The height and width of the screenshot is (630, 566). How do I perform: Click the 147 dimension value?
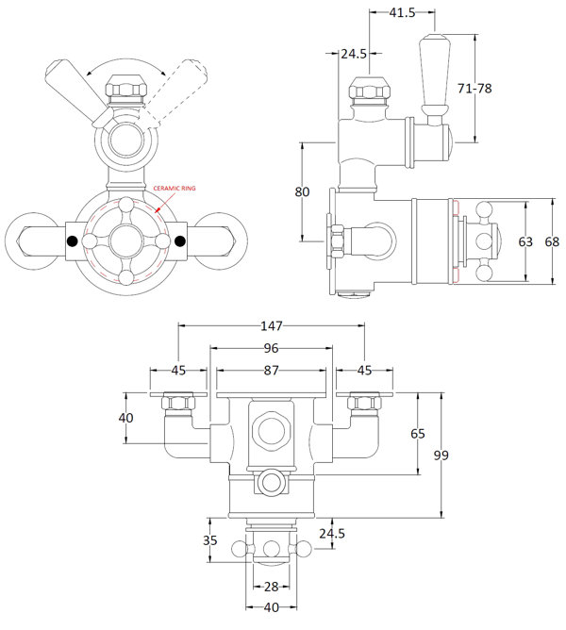click(272, 326)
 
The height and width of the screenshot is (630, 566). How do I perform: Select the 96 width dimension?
click(272, 348)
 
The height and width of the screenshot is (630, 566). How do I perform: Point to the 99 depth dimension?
click(440, 456)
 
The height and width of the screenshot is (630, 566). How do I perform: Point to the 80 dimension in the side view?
click(302, 191)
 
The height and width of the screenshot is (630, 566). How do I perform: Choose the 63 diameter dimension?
click(526, 241)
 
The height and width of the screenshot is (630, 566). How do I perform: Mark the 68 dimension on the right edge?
click(552, 241)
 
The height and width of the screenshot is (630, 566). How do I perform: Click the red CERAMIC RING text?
click(175, 189)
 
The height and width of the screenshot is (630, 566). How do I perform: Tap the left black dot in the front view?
click(71, 241)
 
